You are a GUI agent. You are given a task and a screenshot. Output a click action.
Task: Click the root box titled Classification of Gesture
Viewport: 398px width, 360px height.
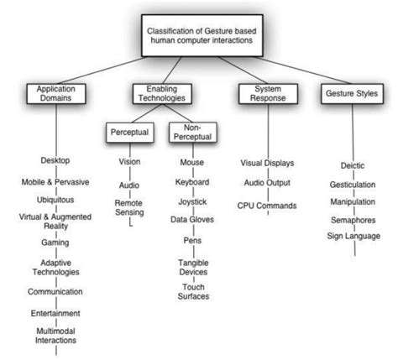coord(199,38)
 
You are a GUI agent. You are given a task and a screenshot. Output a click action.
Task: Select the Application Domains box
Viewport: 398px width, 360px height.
coord(55,93)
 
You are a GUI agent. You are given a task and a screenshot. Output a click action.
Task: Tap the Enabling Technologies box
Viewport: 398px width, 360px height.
coord(162,93)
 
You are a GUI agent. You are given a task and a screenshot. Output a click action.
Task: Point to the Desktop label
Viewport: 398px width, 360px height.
coord(55,159)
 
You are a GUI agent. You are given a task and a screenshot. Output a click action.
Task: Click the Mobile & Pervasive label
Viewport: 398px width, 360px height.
coord(55,181)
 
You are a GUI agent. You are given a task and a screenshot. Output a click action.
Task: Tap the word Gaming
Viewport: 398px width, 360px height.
coord(55,242)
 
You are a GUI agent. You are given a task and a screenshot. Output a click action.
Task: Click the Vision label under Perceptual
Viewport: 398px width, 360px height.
coord(128,161)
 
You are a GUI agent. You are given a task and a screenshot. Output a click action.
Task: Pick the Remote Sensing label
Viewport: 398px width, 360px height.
coord(128,207)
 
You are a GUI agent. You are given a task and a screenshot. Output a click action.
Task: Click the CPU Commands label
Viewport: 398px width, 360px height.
coord(266,205)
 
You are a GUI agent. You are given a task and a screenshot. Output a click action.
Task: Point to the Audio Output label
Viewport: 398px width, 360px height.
coord(266,185)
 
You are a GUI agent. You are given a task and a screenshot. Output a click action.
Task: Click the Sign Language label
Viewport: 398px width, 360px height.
coord(353,236)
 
